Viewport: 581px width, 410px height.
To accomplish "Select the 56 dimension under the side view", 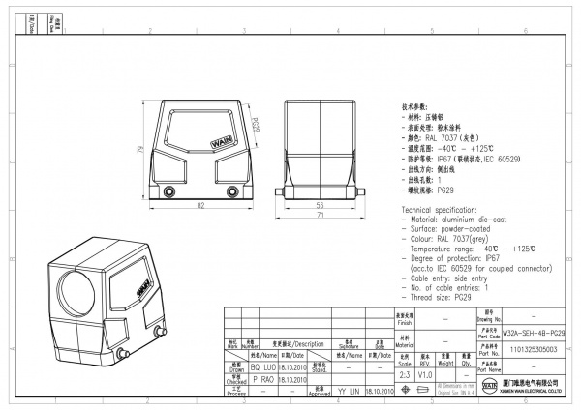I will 318,206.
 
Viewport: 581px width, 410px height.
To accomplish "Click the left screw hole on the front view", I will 171,190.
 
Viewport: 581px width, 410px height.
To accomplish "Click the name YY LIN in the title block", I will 348,393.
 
